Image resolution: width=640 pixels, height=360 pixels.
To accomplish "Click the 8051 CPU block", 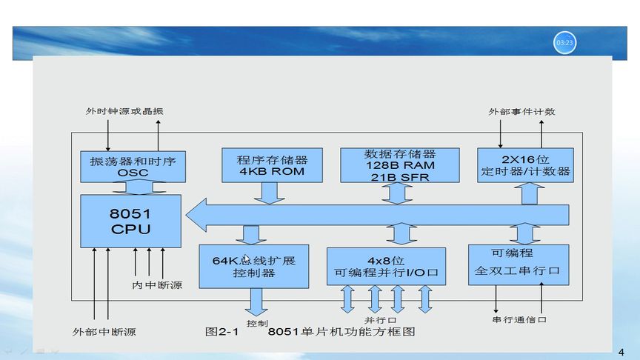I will (130, 221).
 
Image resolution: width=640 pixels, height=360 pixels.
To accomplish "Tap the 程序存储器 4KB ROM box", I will (272, 165).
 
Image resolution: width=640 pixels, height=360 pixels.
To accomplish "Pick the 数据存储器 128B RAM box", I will (399, 165).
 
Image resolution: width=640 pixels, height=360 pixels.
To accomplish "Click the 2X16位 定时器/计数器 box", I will (525, 165).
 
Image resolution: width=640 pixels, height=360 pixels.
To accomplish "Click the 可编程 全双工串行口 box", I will (519, 264).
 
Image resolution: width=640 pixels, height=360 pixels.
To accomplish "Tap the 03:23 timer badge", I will (564, 43).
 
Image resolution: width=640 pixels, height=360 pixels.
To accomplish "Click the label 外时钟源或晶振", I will (124, 112).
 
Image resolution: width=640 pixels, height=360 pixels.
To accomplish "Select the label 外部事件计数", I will (521, 112).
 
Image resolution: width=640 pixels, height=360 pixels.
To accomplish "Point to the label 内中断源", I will (157, 285).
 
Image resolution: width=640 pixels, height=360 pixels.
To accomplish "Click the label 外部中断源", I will (104, 331).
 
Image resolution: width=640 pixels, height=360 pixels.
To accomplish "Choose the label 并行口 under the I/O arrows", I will (376, 319).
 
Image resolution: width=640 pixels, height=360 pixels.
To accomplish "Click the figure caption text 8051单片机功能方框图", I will (341, 332).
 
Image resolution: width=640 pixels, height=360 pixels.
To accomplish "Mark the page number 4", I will (621, 350).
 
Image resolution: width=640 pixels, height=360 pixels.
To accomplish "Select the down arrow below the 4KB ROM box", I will (267, 191).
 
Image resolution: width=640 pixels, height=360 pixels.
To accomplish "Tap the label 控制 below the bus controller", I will (257, 324).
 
